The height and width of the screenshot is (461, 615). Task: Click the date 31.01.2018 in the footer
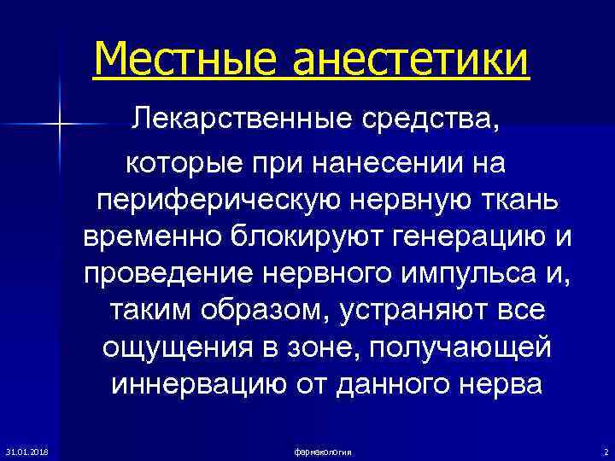pos(26,451)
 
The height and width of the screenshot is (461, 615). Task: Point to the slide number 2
pos(605,451)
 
